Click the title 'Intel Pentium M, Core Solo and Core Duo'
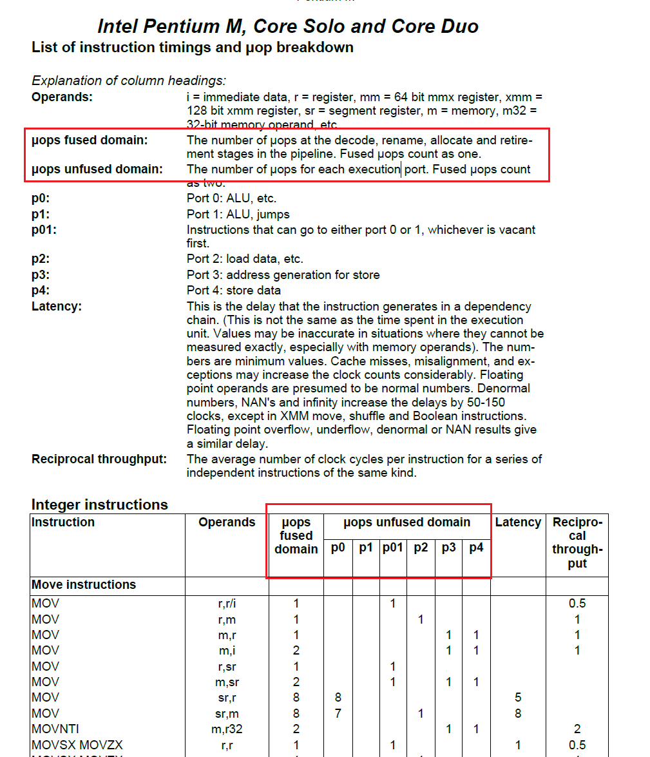click(x=288, y=26)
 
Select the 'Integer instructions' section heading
click(x=99, y=504)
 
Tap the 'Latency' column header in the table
click(x=518, y=522)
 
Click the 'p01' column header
click(x=392, y=548)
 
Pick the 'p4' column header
click(x=476, y=548)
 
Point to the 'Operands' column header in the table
click(x=227, y=522)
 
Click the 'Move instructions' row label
click(x=84, y=585)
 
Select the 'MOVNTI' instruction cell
click(x=53, y=729)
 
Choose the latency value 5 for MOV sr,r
click(x=518, y=698)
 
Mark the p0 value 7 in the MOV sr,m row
click(x=338, y=713)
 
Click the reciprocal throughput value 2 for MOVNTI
click(x=577, y=729)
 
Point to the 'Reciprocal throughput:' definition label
click(x=99, y=459)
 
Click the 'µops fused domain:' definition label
click(x=90, y=140)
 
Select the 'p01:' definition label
click(x=44, y=230)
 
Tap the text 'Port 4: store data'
click(x=233, y=291)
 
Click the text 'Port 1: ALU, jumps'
click(x=238, y=215)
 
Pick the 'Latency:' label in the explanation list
click(x=57, y=307)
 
